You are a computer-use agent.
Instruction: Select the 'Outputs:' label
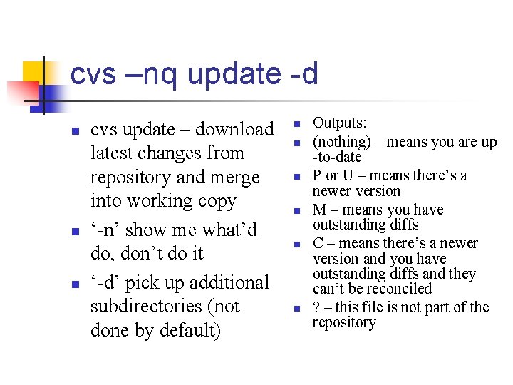(x=340, y=123)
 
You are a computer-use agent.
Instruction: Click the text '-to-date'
(x=337, y=157)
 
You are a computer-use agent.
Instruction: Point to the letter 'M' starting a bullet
(x=319, y=210)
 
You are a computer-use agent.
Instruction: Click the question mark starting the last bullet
(x=317, y=307)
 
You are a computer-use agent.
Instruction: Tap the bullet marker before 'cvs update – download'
(x=75, y=130)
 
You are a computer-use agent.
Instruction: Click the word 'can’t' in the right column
(x=330, y=289)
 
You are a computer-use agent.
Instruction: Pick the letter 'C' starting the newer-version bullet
(x=318, y=243)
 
